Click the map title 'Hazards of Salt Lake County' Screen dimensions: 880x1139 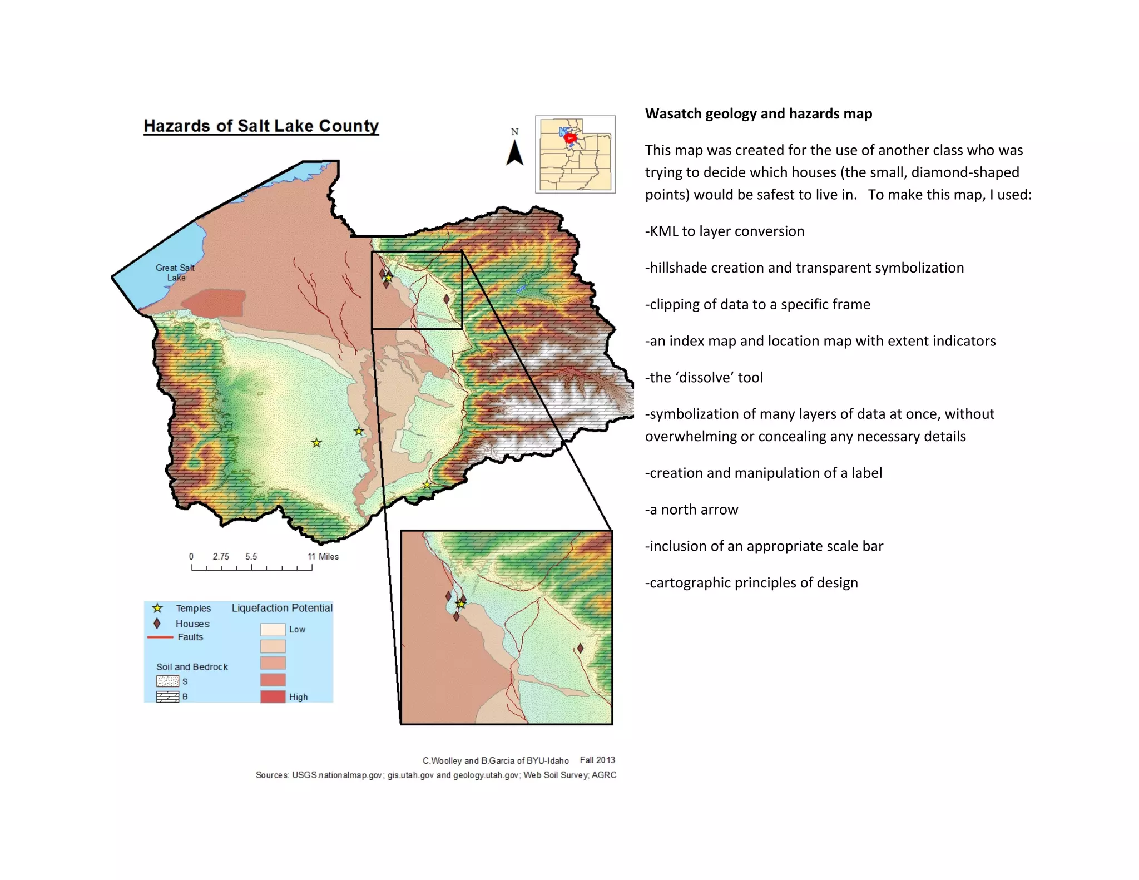pos(261,126)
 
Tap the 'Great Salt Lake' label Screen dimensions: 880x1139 pos(175,273)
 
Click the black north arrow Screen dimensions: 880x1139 pos(515,152)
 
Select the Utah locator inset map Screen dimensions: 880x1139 pos(576,155)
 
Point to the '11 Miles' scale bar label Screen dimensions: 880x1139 pos(323,556)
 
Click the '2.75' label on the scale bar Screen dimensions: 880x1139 pos(221,556)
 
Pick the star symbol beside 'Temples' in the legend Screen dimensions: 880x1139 pos(157,608)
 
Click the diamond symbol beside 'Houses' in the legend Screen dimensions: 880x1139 pos(157,624)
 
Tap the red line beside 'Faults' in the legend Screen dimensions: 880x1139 pos(160,637)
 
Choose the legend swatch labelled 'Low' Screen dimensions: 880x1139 pos(273,630)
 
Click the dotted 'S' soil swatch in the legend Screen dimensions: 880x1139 pos(167,681)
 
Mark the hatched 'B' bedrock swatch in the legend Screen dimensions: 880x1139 pos(167,697)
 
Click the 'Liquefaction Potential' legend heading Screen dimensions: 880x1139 pos(282,608)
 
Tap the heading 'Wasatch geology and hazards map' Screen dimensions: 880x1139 pos(758,114)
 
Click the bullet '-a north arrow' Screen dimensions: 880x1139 pos(691,510)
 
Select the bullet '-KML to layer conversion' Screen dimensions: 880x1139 pos(725,231)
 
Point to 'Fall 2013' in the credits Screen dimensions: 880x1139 pos(597,760)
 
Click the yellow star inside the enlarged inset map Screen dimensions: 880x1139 pos(461,604)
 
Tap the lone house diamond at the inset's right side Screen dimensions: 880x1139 pos(580,648)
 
